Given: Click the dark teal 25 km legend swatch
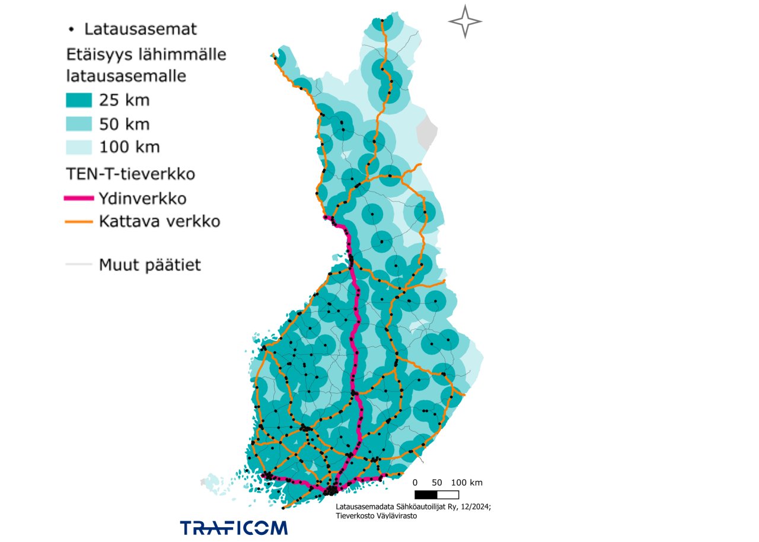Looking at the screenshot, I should coord(78,100).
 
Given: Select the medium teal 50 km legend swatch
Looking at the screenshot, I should coord(78,124).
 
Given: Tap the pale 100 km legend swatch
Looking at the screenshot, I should coord(78,147).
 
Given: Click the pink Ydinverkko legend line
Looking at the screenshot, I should coord(78,198).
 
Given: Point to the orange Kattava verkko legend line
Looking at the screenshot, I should coord(78,222).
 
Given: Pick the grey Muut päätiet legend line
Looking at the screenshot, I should coord(78,264).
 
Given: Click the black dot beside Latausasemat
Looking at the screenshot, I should coord(72,28).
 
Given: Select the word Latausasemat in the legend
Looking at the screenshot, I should coord(140,28).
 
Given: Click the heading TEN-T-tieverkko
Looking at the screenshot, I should coord(130,174).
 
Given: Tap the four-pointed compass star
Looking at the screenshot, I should coord(465,22).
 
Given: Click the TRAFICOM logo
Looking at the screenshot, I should coord(234,527).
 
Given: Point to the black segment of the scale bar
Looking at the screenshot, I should coord(426,494).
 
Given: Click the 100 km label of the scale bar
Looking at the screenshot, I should coord(467,482).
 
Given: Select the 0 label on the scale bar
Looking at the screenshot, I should coord(415,482).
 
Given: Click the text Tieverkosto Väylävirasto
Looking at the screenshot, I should coord(377,516).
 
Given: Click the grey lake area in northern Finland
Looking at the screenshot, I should coord(426,131).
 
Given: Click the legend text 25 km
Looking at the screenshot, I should coord(125,100).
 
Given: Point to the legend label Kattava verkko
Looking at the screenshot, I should coord(160,222).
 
